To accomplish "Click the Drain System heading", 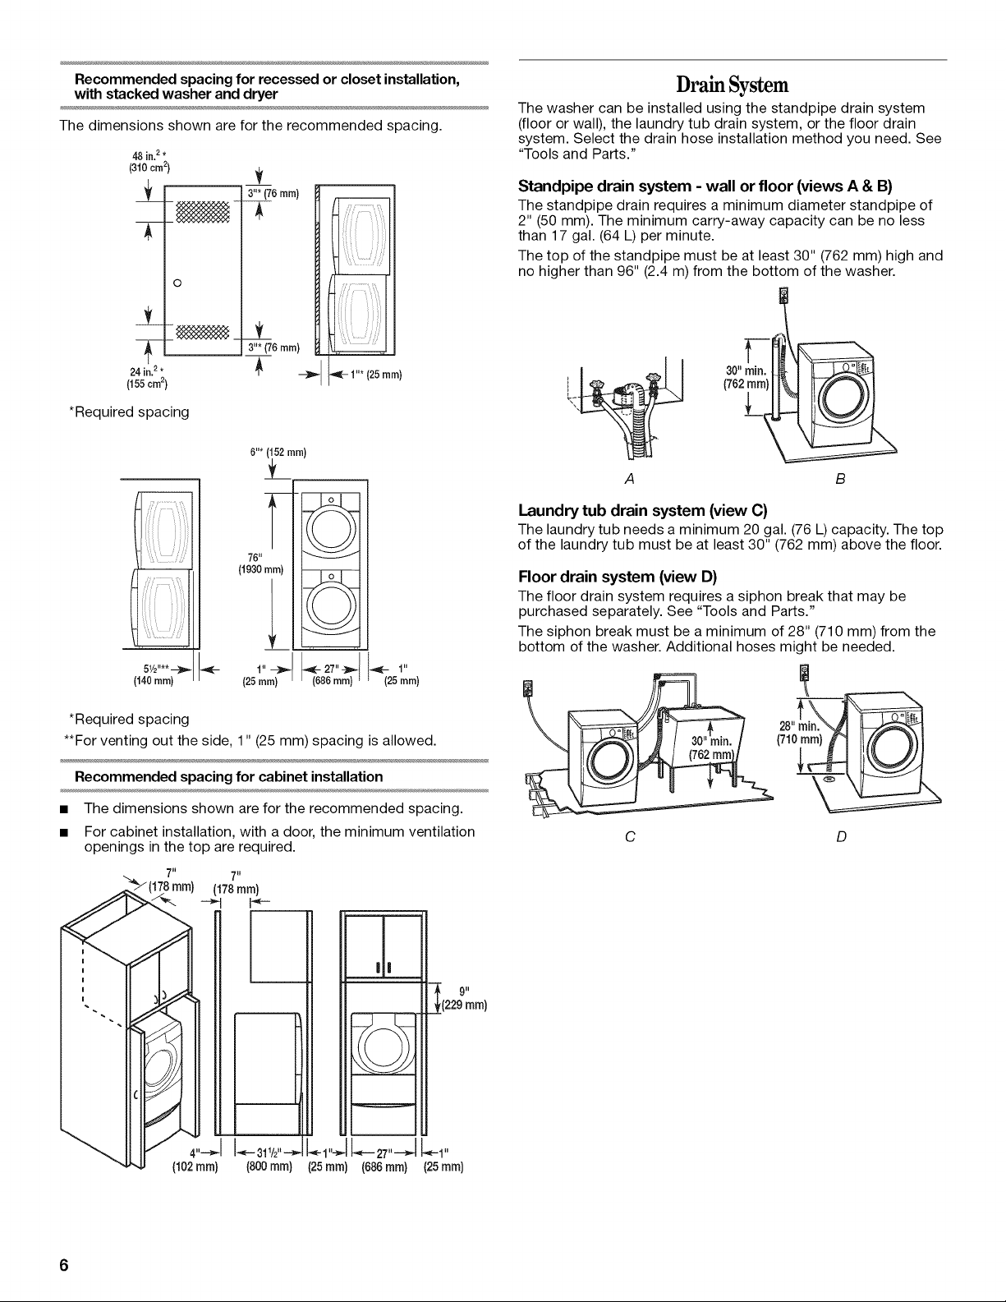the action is coord(733,85).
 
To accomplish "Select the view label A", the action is coord(629,479).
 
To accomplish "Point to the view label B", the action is coord(840,479).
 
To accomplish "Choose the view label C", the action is coord(630,836).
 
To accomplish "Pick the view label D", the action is coord(841,836).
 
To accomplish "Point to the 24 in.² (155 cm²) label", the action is coord(147,378).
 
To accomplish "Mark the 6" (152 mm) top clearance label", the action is coord(278,453).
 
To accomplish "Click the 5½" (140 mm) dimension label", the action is coord(154,674).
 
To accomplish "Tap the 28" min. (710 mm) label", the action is coord(800,733).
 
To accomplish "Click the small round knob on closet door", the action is coord(177,283).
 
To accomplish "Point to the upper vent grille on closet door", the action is coord(202,211).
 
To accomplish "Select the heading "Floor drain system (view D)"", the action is coord(618,577).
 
